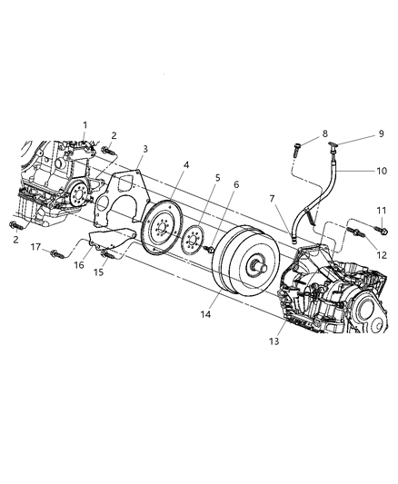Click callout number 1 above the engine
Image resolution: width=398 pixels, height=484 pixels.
coord(85,125)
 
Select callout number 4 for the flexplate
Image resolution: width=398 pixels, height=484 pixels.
coord(185,165)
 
